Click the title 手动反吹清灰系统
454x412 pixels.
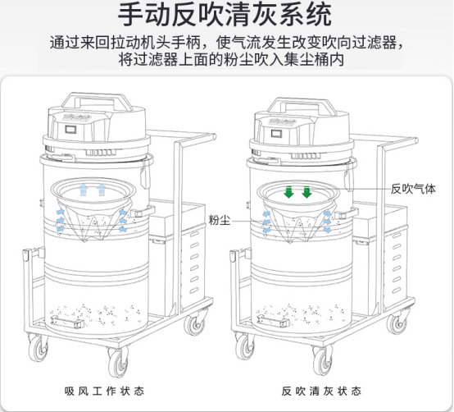225,15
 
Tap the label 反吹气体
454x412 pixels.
413,189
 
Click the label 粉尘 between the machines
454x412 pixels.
220,220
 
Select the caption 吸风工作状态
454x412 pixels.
104,391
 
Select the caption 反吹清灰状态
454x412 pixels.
321,391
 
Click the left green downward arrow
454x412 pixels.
288,192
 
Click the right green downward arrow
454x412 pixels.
306,192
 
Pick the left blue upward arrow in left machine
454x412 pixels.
84,190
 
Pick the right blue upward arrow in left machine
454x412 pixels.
102,190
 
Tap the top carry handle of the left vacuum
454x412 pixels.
97,98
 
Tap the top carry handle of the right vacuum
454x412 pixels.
302,103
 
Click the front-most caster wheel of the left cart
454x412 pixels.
119,363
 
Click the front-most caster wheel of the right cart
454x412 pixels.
324,361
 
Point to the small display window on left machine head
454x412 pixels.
70,129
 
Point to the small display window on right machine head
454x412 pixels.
276,133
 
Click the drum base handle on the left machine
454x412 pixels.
67,322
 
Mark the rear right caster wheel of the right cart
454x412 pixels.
398,321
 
